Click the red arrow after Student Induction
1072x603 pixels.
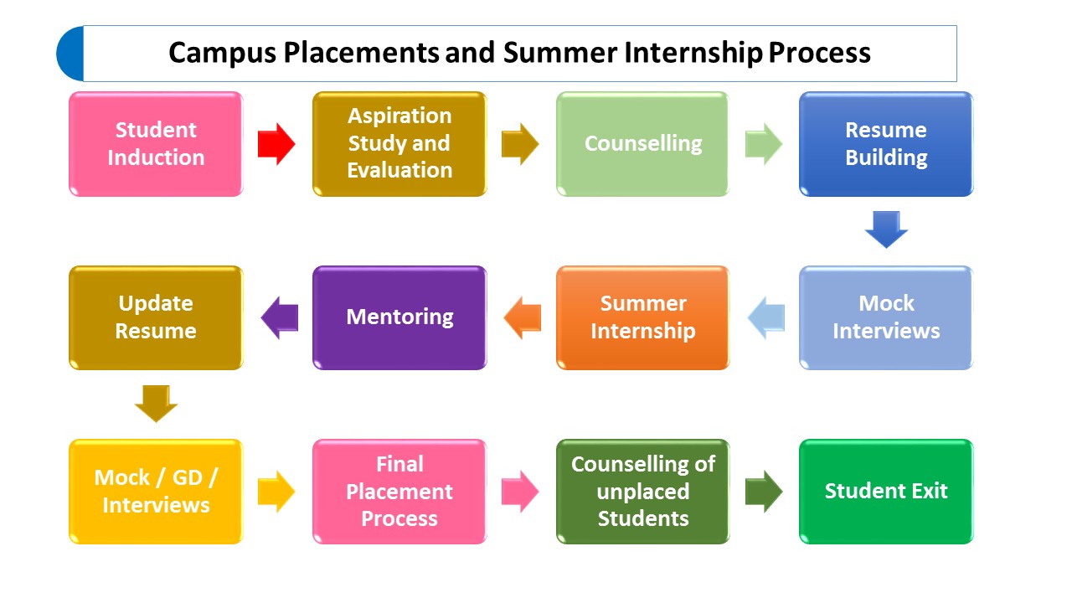click(x=276, y=144)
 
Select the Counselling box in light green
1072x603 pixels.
click(x=642, y=144)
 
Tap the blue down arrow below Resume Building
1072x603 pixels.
click(x=886, y=229)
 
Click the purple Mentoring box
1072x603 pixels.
click(x=399, y=317)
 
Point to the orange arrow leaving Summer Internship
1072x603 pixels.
click(x=522, y=317)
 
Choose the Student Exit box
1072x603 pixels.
click(x=886, y=492)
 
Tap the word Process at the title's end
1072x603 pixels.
click(x=820, y=52)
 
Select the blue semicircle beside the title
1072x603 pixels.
click(x=70, y=54)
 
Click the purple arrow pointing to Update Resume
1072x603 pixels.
click(x=280, y=317)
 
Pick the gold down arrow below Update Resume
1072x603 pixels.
click(x=156, y=404)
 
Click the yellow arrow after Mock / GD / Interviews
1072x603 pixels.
click(x=276, y=492)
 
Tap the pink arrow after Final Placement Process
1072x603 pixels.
click(x=520, y=492)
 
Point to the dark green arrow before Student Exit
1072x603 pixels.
click(x=764, y=492)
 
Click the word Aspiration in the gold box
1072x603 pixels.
click(x=399, y=116)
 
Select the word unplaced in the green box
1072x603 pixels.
click(x=642, y=492)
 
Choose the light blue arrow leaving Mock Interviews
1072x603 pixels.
click(x=766, y=317)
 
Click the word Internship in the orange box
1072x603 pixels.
click(x=642, y=332)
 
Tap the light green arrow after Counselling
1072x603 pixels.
click(x=764, y=144)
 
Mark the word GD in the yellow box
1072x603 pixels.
click(x=188, y=477)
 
